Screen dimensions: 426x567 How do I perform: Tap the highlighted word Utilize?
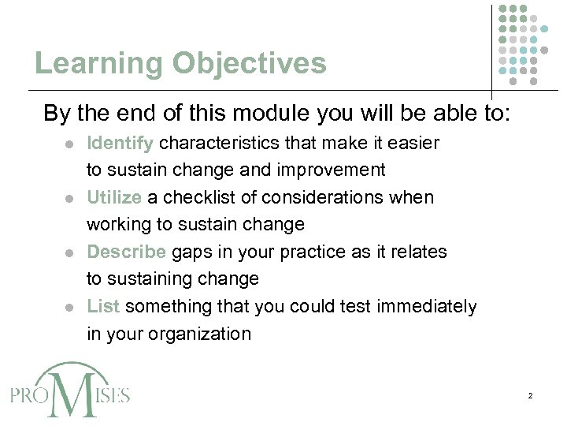pyautogui.click(x=114, y=197)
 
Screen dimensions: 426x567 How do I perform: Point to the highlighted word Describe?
pyautogui.click(x=126, y=252)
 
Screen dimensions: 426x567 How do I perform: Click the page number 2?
pyautogui.click(x=530, y=394)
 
